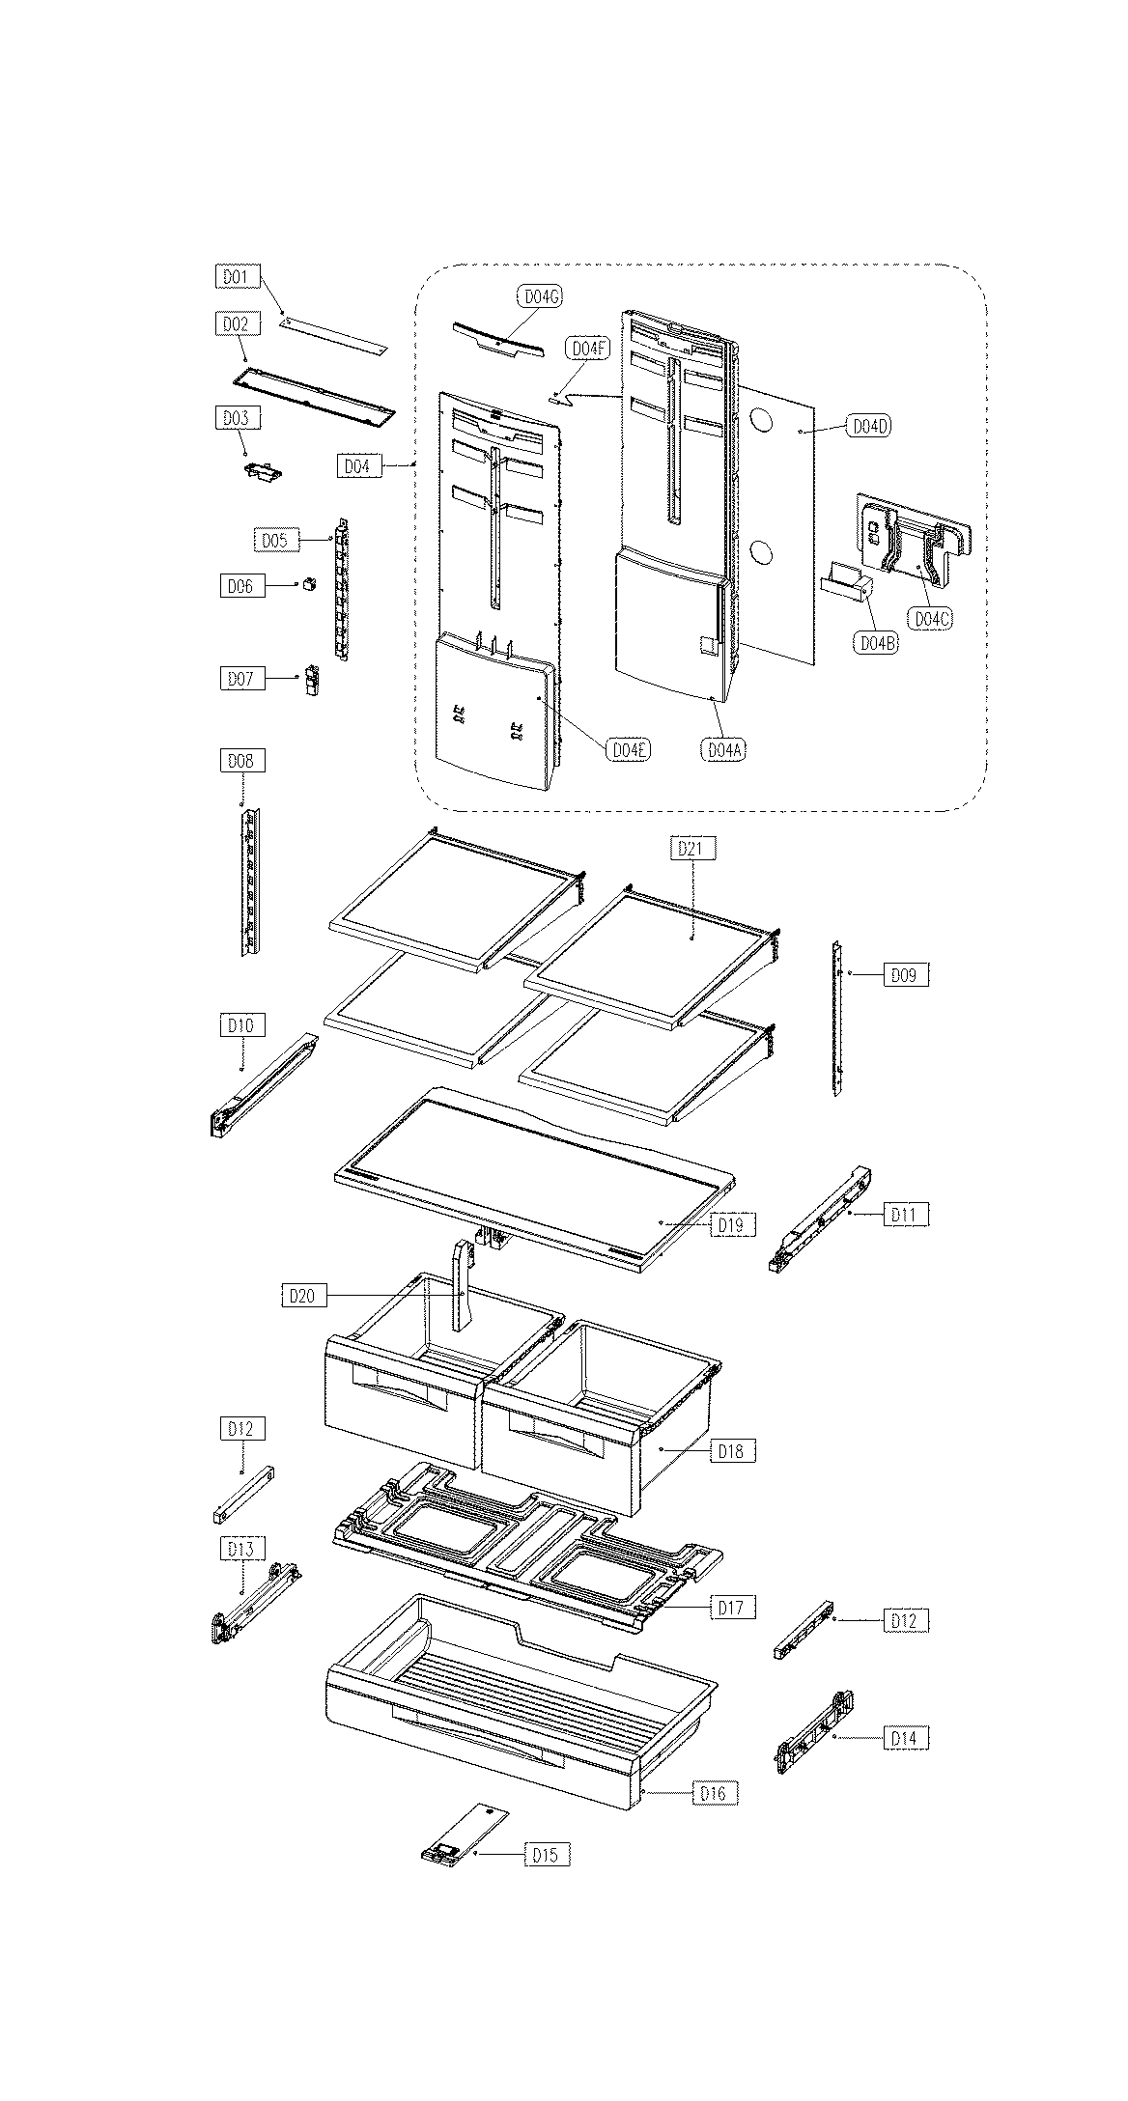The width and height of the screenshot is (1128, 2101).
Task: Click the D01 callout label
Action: click(236, 277)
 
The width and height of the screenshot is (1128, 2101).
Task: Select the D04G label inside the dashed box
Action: click(540, 296)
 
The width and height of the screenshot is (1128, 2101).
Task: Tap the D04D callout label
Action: click(868, 426)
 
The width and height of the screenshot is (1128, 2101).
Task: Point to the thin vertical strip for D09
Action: click(838, 1018)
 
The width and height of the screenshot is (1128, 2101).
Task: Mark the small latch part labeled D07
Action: click(312, 679)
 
